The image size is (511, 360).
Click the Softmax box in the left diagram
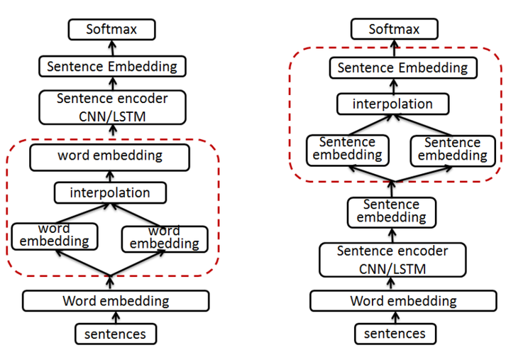coord(111,30)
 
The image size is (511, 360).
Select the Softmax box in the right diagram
coord(395,30)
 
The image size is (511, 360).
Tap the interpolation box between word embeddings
coord(110,192)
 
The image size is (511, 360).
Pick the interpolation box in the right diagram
coord(392,104)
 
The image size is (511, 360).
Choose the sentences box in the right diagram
coord(395,334)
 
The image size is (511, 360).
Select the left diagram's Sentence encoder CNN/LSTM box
coord(112,107)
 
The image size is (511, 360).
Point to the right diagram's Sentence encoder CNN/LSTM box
coord(392,259)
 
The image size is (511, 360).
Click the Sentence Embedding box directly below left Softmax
coord(112,67)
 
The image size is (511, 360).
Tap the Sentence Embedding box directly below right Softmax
coord(402,68)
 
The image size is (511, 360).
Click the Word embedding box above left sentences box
coord(116,301)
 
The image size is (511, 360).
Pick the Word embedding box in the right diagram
coord(403,301)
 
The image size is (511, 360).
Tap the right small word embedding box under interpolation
coord(165,238)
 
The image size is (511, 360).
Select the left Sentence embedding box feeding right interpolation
coord(348,149)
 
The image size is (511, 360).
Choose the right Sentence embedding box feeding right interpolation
coord(452,149)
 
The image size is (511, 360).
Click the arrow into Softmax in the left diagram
coord(111,48)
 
